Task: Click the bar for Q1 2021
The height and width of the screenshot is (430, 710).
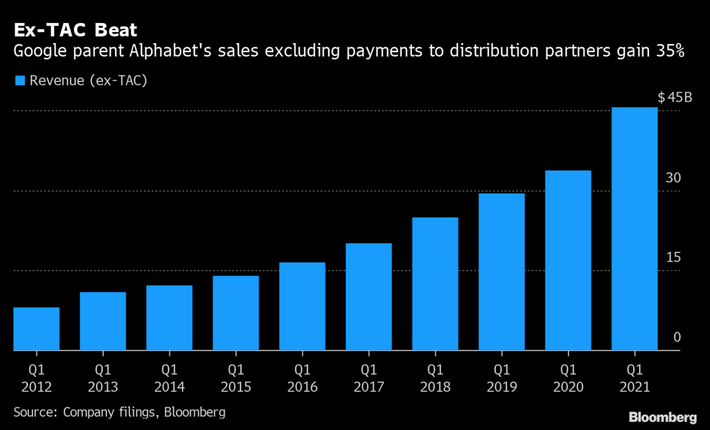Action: [x=634, y=229]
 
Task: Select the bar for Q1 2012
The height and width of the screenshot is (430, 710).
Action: [x=36, y=329]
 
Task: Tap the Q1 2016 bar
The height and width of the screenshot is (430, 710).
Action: [x=302, y=307]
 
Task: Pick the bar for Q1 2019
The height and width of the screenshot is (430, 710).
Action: [x=501, y=272]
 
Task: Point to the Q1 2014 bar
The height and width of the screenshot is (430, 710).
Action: [x=169, y=318]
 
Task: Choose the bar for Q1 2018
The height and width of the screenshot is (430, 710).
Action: [x=435, y=284]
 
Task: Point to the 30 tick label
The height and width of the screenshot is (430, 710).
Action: [x=674, y=178]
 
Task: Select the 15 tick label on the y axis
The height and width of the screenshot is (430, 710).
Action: [x=674, y=258]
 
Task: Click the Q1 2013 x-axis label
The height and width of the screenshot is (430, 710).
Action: [x=103, y=378]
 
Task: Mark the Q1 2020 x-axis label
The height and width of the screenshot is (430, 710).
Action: [x=568, y=378]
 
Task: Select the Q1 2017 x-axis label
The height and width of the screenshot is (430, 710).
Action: [x=369, y=378]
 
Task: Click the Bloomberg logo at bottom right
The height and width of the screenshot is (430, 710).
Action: [x=662, y=416]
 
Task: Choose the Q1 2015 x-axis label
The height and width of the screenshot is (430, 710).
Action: [x=235, y=378]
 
